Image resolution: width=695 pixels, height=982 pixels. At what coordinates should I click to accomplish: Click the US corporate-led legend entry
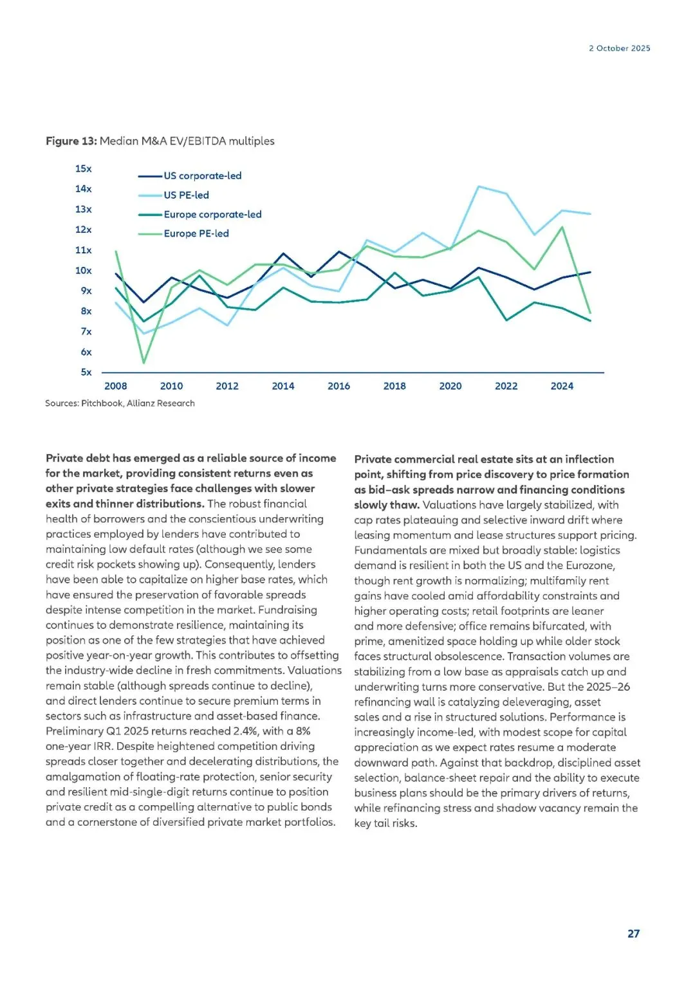pyautogui.click(x=202, y=176)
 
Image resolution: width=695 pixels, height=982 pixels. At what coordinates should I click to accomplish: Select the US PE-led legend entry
pyautogui.click(x=186, y=195)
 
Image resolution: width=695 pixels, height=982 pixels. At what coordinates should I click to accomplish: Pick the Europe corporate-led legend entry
pyautogui.click(x=212, y=214)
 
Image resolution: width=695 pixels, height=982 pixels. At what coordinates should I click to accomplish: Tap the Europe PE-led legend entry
pyautogui.click(x=196, y=233)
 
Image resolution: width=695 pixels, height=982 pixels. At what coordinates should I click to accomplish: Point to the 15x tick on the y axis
pyautogui.click(x=83, y=168)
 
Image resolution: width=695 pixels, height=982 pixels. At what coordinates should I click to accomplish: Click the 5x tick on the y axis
pyautogui.click(x=86, y=372)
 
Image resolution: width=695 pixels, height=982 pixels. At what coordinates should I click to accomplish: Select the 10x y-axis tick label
pyautogui.click(x=83, y=270)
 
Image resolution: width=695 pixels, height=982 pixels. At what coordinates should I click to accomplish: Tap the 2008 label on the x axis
pyautogui.click(x=116, y=386)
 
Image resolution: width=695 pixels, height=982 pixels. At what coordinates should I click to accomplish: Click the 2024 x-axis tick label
pyautogui.click(x=562, y=386)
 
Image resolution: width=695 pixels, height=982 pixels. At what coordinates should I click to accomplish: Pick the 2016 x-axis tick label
pyautogui.click(x=338, y=386)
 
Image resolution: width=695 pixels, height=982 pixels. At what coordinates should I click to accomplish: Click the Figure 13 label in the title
pyautogui.click(x=71, y=141)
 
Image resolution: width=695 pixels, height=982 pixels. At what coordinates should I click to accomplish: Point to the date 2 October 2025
pyautogui.click(x=619, y=48)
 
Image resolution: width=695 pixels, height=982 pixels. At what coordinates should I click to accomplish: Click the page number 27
pyautogui.click(x=633, y=933)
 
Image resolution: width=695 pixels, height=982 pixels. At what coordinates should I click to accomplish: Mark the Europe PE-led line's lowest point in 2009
pyautogui.click(x=144, y=363)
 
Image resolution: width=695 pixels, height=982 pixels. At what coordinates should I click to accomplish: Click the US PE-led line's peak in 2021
pyautogui.click(x=478, y=186)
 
